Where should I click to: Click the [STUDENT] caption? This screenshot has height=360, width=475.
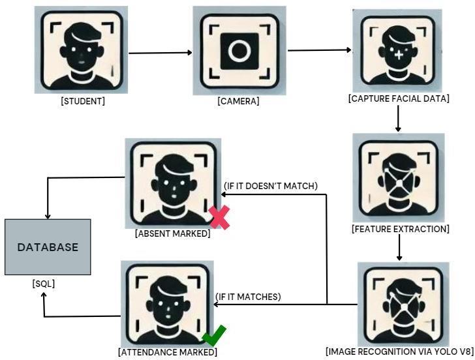[x=83, y=101]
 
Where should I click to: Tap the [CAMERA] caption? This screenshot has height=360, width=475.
[x=238, y=101]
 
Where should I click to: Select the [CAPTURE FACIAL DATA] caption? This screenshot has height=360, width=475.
[x=399, y=98]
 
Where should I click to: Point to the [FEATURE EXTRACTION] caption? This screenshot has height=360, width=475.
[x=400, y=229]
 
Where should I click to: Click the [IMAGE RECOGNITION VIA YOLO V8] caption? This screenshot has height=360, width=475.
[x=399, y=351]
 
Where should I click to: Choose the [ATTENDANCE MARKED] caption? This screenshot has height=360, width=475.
[x=168, y=352]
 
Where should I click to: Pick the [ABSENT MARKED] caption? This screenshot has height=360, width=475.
[x=172, y=233]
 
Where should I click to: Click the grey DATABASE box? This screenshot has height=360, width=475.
[x=48, y=247]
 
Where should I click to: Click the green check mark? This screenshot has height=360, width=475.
[x=213, y=336]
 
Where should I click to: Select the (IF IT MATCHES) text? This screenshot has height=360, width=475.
[x=248, y=297]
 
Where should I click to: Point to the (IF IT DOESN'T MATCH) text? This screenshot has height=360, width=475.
[x=271, y=187]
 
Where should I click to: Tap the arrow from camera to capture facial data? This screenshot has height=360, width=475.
[x=320, y=50]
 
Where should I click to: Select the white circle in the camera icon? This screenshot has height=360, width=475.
[x=239, y=51]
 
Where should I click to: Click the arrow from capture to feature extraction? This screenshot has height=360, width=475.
[x=398, y=119]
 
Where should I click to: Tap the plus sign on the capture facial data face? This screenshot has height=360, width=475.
[x=399, y=55]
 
